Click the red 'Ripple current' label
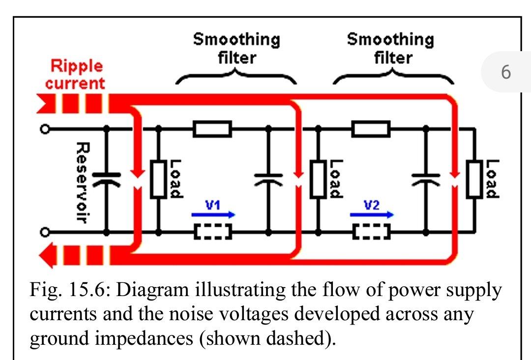point(75,74)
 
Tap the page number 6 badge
point(506,72)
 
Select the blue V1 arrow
point(213,215)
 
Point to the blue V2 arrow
point(372,215)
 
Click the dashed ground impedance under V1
point(213,231)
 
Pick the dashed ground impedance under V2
point(371,231)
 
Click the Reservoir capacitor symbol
point(105,179)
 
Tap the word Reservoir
point(82,182)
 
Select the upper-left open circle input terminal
point(45,129)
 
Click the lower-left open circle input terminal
point(45,231)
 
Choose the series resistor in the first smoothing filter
point(212,129)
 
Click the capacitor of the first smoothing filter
point(268,179)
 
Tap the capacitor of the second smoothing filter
point(426,179)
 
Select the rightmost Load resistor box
point(475,179)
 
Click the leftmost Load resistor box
point(158,179)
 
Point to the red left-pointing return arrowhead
point(48,256)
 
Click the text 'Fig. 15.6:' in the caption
point(69,291)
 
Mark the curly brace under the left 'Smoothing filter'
point(236,77)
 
